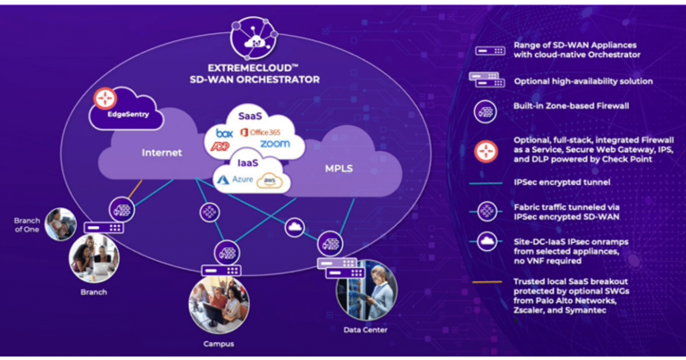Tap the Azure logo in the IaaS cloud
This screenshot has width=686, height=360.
[x=238, y=180]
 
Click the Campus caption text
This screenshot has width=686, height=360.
[x=218, y=344]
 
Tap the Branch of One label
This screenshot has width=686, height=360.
[x=28, y=224]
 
